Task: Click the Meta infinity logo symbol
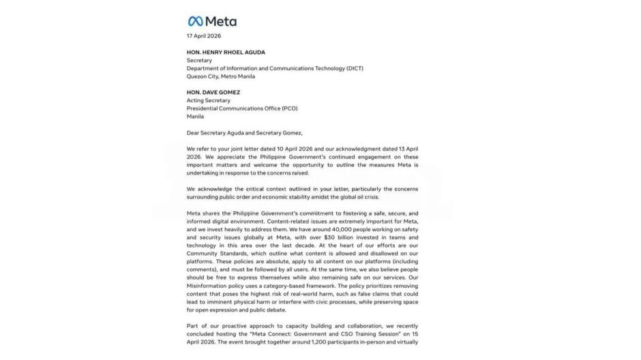pos(195,21)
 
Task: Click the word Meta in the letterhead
pos(221,21)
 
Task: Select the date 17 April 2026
pos(204,36)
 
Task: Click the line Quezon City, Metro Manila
pos(221,76)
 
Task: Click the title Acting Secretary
pos(209,100)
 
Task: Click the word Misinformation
pos(210,286)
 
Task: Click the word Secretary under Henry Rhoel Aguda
pos(200,60)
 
